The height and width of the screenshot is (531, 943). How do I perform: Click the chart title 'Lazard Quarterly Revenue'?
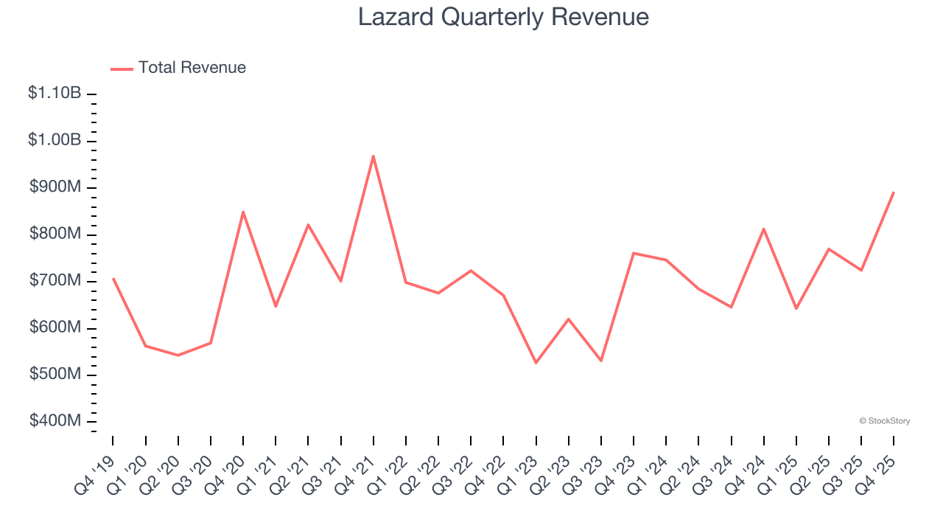click(503, 17)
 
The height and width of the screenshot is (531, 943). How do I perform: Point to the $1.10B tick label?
click(55, 94)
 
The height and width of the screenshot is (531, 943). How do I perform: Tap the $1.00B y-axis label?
click(55, 140)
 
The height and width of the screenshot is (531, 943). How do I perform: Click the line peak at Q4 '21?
click(374, 156)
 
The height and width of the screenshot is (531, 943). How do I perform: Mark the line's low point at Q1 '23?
click(536, 363)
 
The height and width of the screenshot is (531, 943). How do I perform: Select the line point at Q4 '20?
click(243, 212)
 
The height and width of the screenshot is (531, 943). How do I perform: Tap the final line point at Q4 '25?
click(894, 192)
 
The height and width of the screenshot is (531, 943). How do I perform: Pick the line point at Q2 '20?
click(178, 355)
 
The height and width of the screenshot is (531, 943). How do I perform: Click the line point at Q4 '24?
click(764, 229)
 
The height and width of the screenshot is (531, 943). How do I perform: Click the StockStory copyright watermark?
click(885, 421)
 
